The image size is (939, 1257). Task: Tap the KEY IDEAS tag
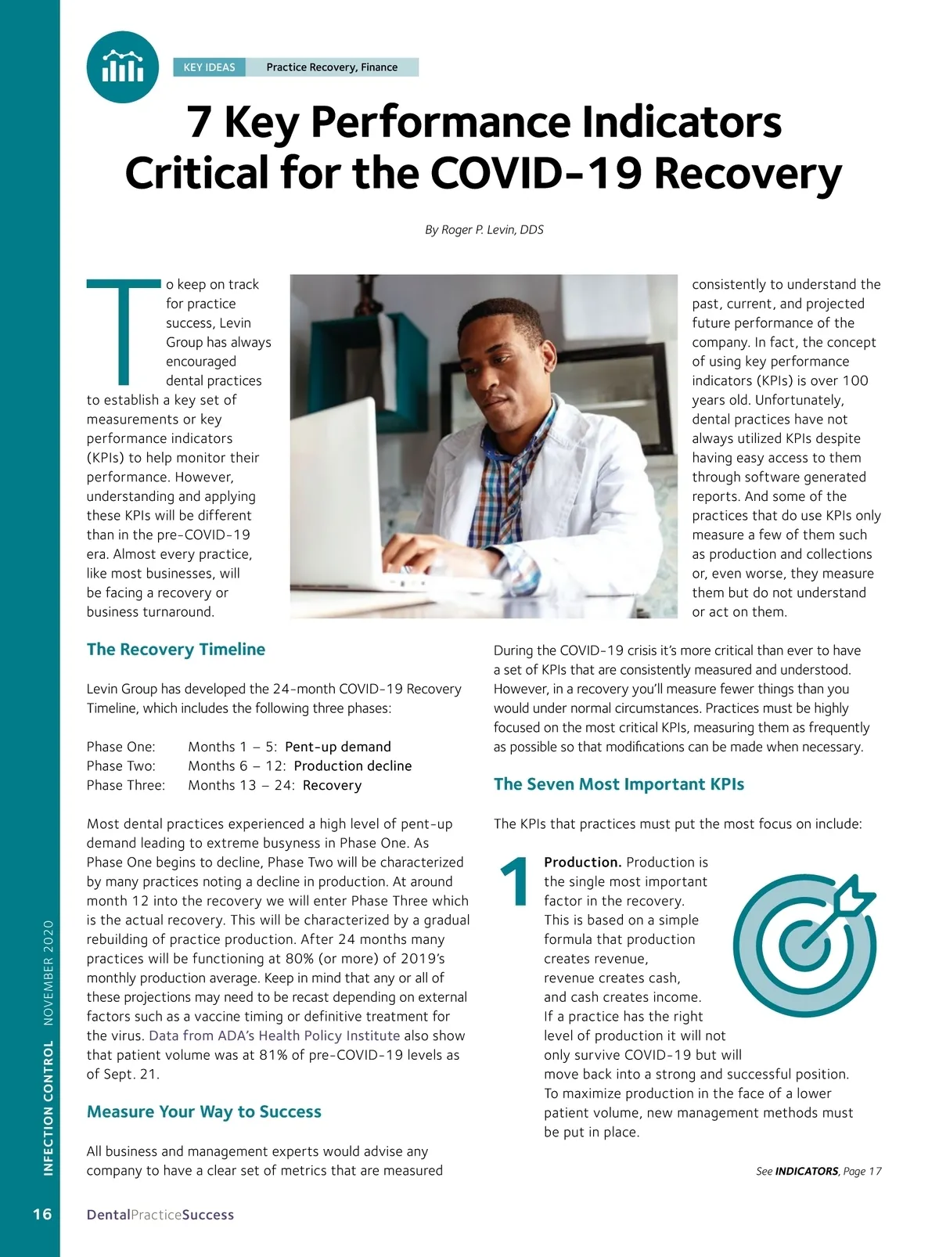tap(209, 67)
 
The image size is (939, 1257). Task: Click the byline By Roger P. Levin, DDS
tap(484, 229)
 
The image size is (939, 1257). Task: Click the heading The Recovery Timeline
tap(176, 649)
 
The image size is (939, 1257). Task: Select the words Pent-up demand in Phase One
tap(338, 747)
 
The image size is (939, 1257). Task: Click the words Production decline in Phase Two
tap(353, 765)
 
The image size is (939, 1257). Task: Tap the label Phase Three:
tap(126, 785)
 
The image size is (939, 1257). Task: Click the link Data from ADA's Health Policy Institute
tap(274, 1035)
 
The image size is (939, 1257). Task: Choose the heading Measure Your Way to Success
tap(204, 1111)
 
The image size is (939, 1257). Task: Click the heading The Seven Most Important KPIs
tap(619, 784)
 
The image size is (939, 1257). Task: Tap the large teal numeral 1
tap(515, 883)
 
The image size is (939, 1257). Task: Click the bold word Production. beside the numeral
tap(583, 862)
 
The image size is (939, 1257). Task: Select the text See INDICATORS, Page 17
tap(818, 1171)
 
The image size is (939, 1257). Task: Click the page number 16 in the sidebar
tap(42, 1214)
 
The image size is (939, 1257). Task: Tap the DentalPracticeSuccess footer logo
tap(160, 1215)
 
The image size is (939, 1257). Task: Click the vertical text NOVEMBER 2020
tap(49, 972)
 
